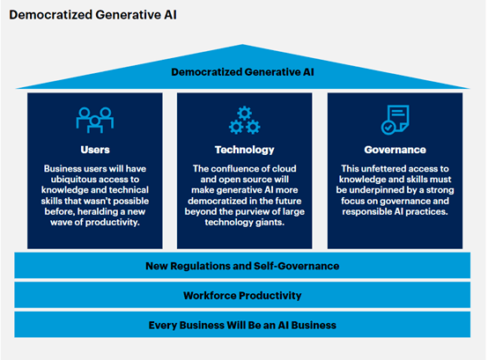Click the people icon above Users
(95, 121)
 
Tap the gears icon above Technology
(245, 121)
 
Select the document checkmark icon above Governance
(396, 120)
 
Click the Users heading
(95, 150)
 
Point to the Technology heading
(245, 151)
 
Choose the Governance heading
(396, 150)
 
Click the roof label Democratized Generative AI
(242, 72)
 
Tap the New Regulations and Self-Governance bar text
(242, 266)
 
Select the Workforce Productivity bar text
(242, 296)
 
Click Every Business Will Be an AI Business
(242, 325)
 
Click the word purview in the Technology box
(250, 212)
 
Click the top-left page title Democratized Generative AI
(93, 15)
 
